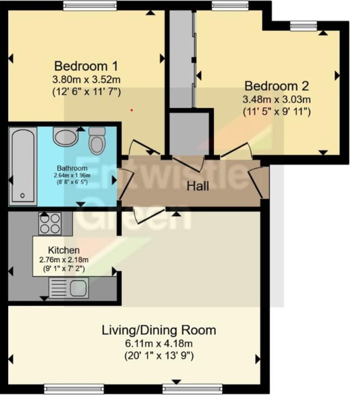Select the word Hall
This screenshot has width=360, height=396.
[x=198, y=186]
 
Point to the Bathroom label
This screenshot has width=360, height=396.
[x=72, y=168]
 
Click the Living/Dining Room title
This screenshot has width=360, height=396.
[x=159, y=330]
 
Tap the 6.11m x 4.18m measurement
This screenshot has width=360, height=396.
[x=159, y=344]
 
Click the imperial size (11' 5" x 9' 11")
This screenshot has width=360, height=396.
[x=277, y=112]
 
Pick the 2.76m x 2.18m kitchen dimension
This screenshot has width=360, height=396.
[x=64, y=260]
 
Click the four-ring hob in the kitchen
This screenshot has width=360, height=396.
[x=50, y=223]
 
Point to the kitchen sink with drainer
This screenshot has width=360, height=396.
[x=69, y=287]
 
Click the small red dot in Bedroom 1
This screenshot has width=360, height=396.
[x=132, y=110]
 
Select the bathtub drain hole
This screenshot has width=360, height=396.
[x=22, y=196]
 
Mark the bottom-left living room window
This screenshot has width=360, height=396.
[x=64, y=388]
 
